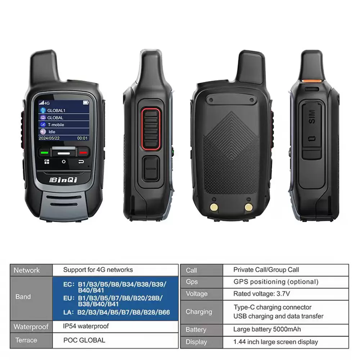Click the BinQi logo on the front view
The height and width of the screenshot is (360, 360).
tap(64, 180)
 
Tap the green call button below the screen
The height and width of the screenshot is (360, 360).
tap(44, 152)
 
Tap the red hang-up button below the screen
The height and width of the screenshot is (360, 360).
tap(83, 152)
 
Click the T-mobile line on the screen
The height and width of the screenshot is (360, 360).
tap(56, 125)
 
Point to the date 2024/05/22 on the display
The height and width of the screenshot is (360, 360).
tap(49, 138)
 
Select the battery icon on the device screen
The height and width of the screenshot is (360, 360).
tap(86, 103)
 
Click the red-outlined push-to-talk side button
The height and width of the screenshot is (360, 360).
tap(150, 129)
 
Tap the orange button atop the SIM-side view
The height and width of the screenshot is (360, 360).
tap(311, 81)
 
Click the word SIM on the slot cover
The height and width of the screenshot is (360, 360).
tap(311, 117)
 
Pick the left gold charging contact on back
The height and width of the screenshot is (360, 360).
tap(214, 207)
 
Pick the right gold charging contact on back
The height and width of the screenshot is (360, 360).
tap(248, 207)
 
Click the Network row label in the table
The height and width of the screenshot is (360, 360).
tap(27, 270)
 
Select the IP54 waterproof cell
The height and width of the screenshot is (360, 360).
tap(86, 326)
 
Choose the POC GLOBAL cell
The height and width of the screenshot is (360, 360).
tap(84, 340)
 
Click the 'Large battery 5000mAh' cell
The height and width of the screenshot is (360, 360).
tap(267, 329)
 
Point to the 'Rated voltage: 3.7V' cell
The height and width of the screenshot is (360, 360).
tap(261, 294)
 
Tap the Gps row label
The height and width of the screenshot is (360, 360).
tap(192, 282)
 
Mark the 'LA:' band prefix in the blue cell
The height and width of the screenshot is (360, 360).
tap(69, 312)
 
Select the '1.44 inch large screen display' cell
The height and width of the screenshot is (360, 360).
tap(275, 342)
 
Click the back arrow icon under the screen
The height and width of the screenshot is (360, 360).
tap(81, 162)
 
